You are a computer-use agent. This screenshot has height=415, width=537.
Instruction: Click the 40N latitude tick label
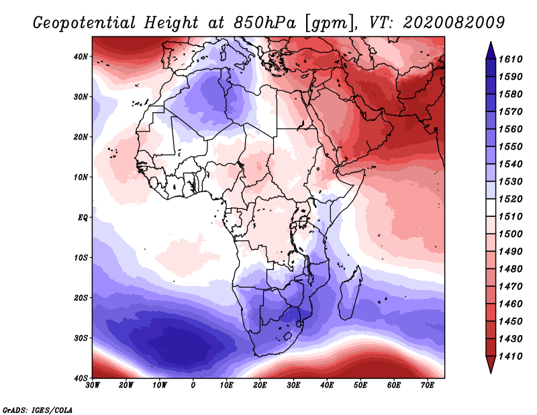click(81, 56)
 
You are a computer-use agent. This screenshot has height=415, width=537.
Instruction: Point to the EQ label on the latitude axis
click(82, 218)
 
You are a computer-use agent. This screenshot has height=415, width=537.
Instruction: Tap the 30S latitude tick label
click(81, 338)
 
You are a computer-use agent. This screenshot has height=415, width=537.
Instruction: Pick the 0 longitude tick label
click(193, 385)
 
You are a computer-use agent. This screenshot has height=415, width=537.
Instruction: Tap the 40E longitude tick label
click(327, 385)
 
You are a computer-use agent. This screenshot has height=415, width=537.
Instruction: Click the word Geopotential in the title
click(80, 23)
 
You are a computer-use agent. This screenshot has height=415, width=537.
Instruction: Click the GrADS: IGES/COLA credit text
click(38, 409)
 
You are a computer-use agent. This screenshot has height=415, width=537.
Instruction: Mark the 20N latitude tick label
click(81, 137)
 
